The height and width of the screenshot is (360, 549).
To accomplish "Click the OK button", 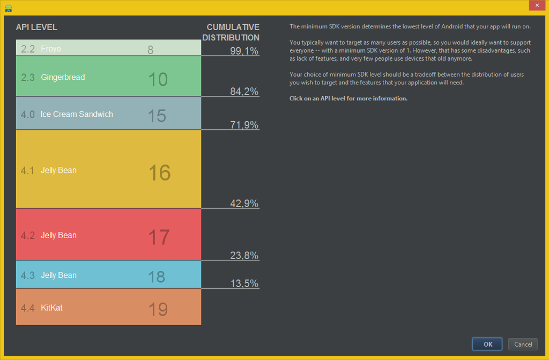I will point(487,344).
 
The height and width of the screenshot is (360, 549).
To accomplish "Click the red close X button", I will point(537,5).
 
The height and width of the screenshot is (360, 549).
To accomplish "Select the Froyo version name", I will point(51,49).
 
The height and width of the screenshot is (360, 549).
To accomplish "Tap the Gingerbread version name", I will point(63,77).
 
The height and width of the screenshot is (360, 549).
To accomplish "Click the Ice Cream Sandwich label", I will point(77,114).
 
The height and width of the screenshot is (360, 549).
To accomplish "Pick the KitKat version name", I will point(51,308).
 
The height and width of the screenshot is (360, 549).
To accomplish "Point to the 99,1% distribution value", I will point(244,51).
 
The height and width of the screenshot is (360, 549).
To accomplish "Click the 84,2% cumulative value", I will point(244,92).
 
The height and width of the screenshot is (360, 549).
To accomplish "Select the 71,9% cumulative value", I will point(244,125).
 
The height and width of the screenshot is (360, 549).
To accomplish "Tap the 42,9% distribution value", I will point(244,203).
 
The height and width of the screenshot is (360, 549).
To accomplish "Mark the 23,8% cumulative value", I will point(244,255).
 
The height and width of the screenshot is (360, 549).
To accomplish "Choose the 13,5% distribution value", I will point(244,283).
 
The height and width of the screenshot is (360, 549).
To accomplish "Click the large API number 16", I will point(159,173).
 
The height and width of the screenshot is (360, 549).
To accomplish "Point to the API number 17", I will point(159,237).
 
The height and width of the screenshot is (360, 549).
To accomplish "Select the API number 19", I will point(158,310).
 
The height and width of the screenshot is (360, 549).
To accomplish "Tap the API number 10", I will point(158,80).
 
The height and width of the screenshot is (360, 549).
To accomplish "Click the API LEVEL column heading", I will point(36,27).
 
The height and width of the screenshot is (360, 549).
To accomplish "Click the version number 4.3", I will point(28,275).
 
